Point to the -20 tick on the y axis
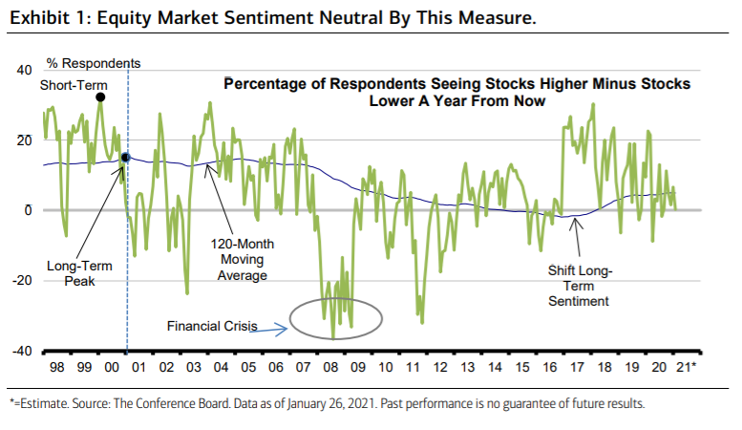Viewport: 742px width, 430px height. click(22, 281)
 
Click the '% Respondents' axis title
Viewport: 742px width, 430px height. click(94, 64)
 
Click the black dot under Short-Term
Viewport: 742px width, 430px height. click(100, 97)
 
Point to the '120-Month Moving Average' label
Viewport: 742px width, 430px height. click(242, 259)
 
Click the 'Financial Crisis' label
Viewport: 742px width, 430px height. click(212, 326)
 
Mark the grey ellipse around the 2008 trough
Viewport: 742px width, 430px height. click(336, 319)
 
